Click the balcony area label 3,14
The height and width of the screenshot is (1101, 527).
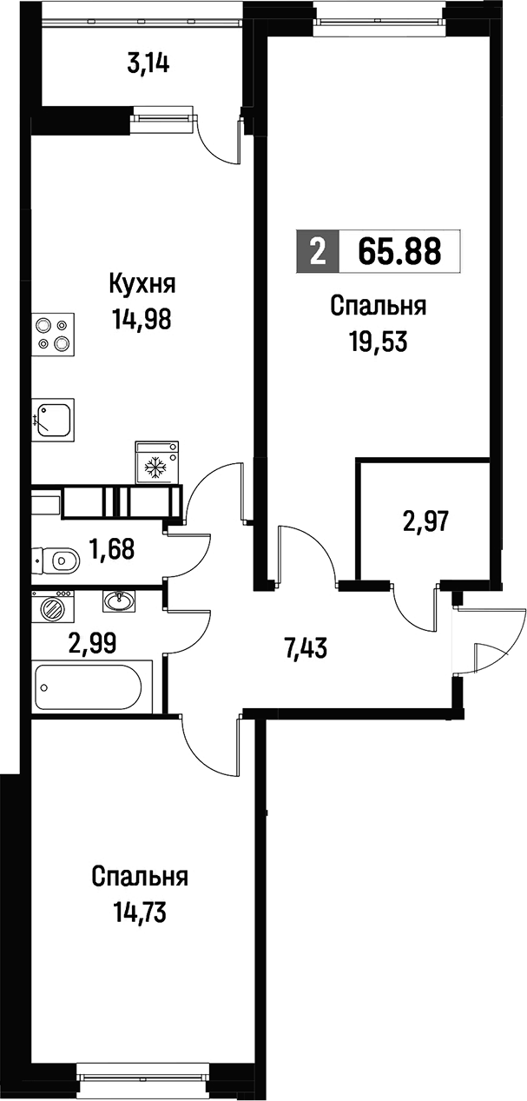coord(148,64)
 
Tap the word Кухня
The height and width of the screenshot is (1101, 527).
coord(142,283)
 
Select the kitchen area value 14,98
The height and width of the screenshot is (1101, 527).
coord(142,320)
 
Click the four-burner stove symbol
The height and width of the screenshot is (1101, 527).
coord(53,335)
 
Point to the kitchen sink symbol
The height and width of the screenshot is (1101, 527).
coord(53,420)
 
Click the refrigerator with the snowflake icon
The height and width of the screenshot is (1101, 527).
coord(156,462)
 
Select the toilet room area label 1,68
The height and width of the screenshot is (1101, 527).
coord(111,548)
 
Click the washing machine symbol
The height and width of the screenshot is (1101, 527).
coord(53,609)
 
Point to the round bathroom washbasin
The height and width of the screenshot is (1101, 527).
coord(118,600)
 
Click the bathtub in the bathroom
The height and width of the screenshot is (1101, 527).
coord(88,686)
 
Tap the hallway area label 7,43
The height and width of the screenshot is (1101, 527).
coord(305,648)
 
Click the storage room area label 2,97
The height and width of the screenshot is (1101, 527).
coord(425,521)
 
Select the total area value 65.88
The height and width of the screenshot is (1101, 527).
coord(399,250)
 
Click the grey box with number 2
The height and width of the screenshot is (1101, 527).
coord(318,251)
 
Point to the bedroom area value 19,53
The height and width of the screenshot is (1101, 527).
coord(379,342)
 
